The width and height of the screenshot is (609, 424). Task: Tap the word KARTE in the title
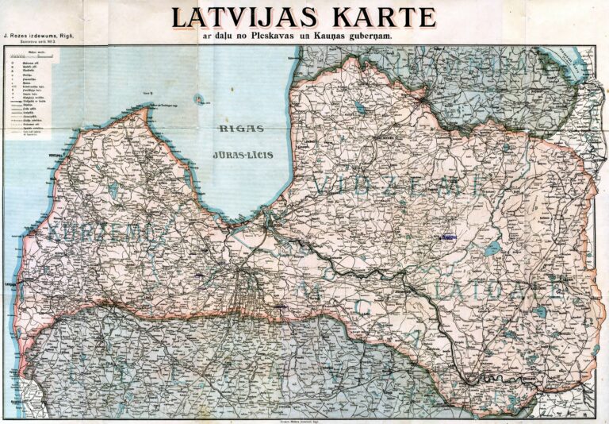383,17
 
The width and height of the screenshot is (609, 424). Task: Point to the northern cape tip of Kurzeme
144,111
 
